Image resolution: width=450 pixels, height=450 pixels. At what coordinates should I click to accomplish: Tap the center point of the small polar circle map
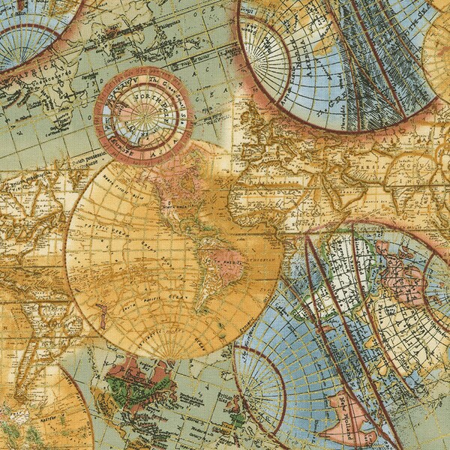pos(142,117)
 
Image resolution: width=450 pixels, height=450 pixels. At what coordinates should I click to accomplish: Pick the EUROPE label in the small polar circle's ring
pos(112,105)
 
